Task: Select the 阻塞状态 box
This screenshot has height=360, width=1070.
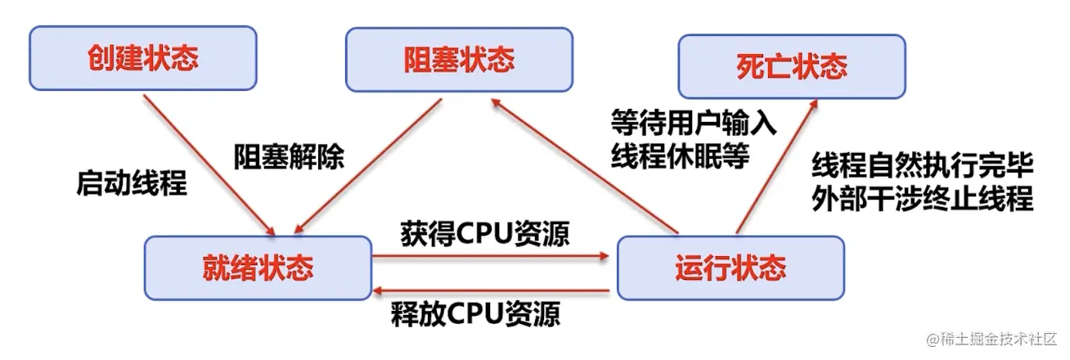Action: click(x=458, y=60)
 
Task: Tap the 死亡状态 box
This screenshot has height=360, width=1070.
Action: click(x=790, y=66)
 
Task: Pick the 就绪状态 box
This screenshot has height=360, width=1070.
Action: click(x=258, y=268)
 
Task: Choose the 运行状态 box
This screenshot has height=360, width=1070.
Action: click(x=730, y=268)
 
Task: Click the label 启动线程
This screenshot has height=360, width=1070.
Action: click(x=132, y=183)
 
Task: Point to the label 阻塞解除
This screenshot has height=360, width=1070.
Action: click(x=289, y=155)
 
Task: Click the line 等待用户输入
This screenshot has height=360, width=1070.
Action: click(x=694, y=124)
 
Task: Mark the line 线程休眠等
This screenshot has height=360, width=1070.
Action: click(x=680, y=155)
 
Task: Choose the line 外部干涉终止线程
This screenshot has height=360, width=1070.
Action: click(x=923, y=199)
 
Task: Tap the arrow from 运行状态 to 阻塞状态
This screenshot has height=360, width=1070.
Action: click(x=586, y=164)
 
